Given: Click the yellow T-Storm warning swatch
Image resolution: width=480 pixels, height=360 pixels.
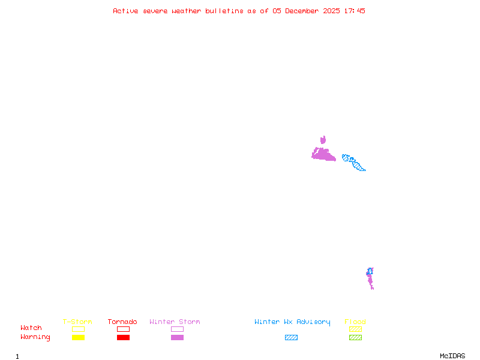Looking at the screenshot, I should point(78,338).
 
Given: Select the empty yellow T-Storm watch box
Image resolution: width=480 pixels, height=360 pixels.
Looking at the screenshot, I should point(78,329).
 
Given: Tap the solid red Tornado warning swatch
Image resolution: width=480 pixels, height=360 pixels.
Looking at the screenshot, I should point(123,338).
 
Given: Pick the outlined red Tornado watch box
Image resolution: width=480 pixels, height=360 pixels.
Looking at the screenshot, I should point(123,329).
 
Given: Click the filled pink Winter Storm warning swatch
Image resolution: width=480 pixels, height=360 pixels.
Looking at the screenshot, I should point(177,338).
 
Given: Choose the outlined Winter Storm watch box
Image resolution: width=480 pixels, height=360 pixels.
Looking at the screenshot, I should point(177,329).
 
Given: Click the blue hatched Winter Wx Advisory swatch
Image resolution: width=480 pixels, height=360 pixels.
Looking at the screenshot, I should point(291,338).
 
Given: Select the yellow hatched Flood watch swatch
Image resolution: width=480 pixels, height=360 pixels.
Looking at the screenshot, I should point(355,329).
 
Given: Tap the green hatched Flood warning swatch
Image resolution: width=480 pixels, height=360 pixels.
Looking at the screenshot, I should point(355,338).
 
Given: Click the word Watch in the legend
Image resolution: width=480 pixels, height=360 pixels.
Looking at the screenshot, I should point(31,328).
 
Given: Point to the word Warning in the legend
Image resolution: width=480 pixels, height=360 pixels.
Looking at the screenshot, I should point(35,337).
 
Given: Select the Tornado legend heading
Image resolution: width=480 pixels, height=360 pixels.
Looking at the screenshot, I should point(122,322).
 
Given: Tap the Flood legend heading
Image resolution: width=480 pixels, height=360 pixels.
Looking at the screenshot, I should point(355,322).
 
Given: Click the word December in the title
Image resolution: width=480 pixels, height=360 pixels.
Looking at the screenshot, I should point(304,11).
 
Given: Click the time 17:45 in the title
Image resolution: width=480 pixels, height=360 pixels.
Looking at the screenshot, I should point(354,11).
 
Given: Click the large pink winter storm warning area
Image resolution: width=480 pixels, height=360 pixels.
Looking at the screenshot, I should point(324,155).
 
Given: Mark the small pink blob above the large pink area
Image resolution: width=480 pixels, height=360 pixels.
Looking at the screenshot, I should point(323,140).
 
